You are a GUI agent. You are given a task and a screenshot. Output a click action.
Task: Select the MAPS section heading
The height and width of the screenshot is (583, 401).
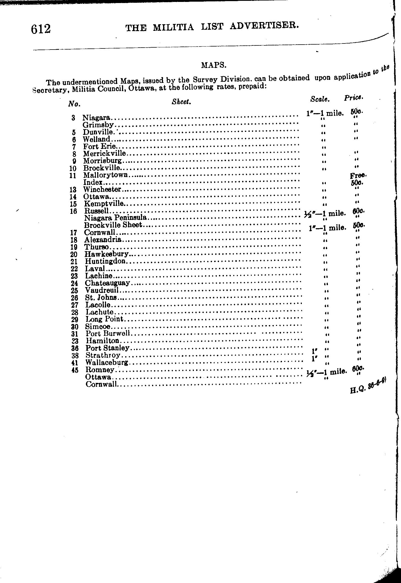214,65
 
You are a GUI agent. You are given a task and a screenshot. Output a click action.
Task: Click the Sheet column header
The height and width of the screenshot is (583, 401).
181,102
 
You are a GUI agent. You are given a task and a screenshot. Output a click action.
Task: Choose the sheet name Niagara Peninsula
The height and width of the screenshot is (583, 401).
116,218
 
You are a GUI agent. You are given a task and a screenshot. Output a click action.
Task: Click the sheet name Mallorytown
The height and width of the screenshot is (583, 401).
105,175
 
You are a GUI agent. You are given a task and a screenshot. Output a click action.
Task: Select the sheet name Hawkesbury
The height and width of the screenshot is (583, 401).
107,254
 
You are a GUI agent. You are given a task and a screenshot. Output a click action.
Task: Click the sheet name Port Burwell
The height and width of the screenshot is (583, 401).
108,334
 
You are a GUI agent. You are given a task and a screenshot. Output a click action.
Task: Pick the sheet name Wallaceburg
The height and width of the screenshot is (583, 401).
107,363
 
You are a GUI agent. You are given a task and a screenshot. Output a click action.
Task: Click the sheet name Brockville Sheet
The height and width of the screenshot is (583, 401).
113,225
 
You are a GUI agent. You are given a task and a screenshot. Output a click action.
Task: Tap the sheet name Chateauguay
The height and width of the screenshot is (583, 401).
107,283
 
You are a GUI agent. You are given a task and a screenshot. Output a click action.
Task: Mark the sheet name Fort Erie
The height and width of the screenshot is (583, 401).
99,146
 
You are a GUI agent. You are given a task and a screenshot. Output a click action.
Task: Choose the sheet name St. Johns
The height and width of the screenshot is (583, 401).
101,298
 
